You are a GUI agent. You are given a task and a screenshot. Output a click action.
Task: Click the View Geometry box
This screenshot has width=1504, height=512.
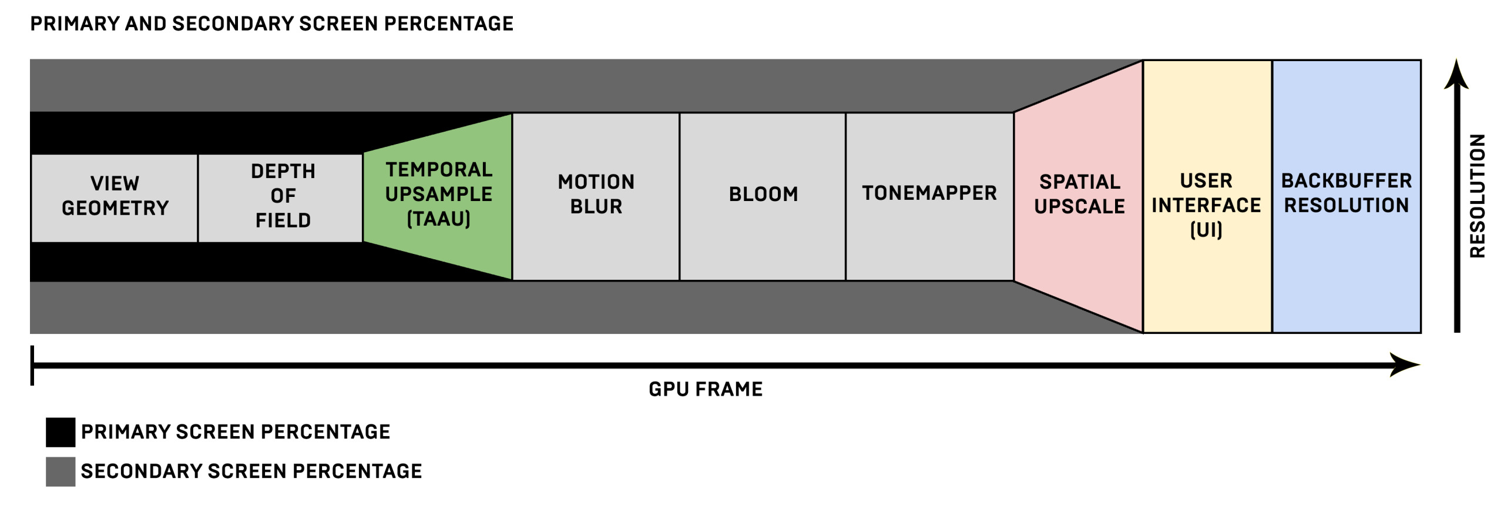tap(115, 198)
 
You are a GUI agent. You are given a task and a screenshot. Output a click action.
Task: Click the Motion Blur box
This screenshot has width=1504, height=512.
tap(596, 196)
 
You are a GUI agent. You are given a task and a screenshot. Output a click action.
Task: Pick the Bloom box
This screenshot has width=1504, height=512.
tap(763, 196)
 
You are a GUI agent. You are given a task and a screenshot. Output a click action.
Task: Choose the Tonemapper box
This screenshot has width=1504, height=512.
tap(929, 196)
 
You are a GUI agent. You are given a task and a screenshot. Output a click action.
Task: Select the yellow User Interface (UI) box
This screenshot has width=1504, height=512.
tap(1207, 196)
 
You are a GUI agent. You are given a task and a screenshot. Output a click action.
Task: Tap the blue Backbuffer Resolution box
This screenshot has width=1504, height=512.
tap(1346, 196)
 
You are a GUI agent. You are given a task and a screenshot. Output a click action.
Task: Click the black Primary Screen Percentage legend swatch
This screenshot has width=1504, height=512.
tap(61, 432)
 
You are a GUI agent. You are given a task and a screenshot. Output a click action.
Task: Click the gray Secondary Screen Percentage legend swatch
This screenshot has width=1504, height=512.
tap(61, 471)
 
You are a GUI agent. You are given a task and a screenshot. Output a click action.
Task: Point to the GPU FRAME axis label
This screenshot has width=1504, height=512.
tap(705, 389)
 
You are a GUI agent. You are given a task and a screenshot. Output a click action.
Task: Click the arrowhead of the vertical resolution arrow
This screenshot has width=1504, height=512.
tap(1456, 75)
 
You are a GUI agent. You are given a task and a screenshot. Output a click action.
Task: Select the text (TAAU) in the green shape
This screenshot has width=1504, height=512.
tap(439, 219)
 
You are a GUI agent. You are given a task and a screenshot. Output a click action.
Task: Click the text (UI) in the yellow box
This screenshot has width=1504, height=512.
tap(1206, 229)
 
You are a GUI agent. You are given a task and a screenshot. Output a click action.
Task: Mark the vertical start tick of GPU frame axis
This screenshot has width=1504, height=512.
tap(32, 365)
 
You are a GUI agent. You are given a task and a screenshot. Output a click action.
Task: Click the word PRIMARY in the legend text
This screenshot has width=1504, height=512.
tap(126, 432)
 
